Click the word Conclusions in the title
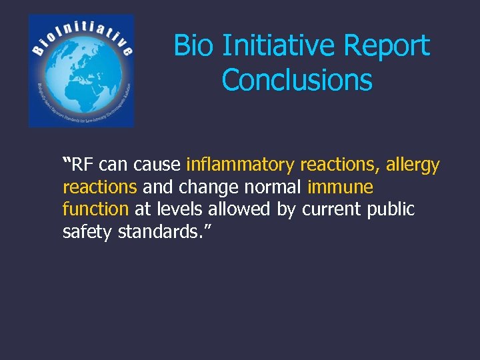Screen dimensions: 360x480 pyautogui.click(x=297, y=80)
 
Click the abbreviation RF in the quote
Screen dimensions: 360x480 pyautogui.click(x=83, y=164)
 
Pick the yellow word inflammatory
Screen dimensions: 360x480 pyautogui.click(x=241, y=164)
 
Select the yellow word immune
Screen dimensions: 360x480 pyautogui.click(x=340, y=187)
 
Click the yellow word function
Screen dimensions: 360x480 pyautogui.click(x=95, y=209)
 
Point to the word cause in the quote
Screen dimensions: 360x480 pyautogui.click(x=157, y=164)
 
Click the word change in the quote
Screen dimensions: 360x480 pyautogui.click(x=203, y=187)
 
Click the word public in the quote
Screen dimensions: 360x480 pyautogui.click(x=391, y=209)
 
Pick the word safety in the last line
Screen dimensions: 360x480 pyautogui.click(x=87, y=233)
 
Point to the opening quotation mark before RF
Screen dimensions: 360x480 pyautogui.click(x=66, y=161)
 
